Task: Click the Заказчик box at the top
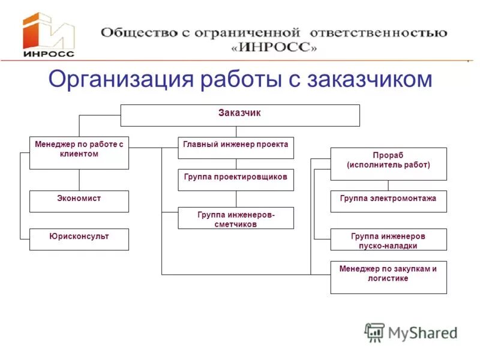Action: [x=240, y=115]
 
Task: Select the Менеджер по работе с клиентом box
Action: [x=79, y=152]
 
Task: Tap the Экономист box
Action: [x=79, y=201]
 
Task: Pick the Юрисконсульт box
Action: [x=79, y=239]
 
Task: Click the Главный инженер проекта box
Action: [x=236, y=148]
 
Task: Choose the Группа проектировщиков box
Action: [x=236, y=179]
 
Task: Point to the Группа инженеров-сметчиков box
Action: [x=236, y=218]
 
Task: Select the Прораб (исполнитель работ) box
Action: [x=388, y=163]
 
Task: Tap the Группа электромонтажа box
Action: [x=388, y=201]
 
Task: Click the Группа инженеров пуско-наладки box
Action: [x=388, y=239]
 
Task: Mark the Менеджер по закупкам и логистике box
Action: [x=388, y=277]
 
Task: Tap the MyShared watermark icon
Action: [x=375, y=332]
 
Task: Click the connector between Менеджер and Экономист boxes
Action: [x=79, y=180]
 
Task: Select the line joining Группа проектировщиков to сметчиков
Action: [x=236, y=199]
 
